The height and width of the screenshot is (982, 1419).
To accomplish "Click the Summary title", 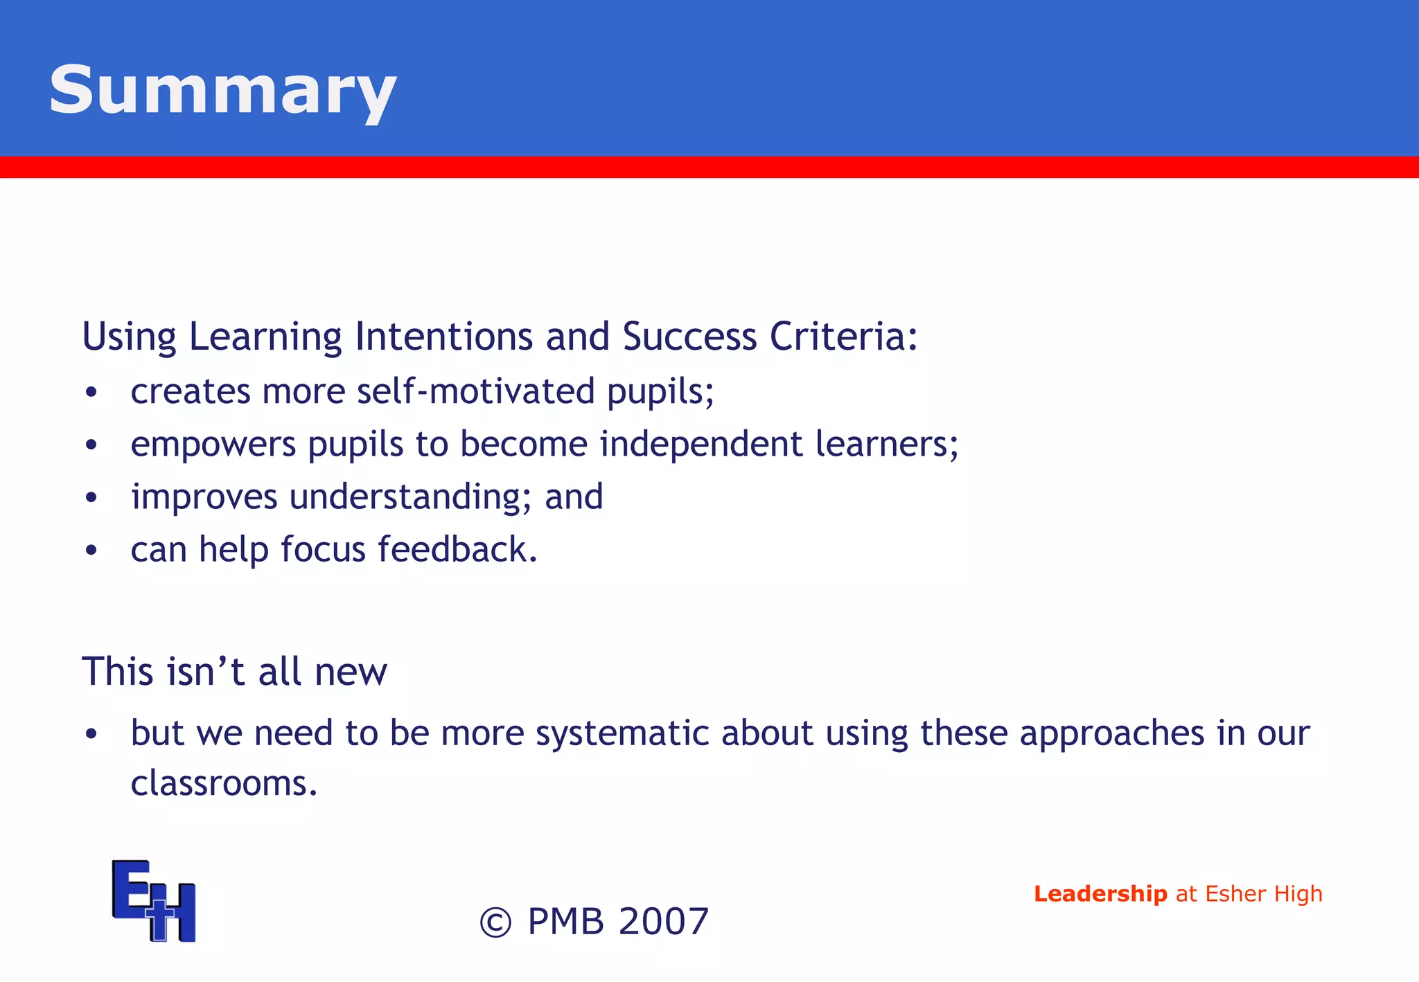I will coord(222,90).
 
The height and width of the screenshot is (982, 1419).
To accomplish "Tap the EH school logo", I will coord(154,900).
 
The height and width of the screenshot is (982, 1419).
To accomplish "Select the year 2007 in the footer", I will coord(663,922).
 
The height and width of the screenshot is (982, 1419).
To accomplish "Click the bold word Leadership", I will coord(1100,894).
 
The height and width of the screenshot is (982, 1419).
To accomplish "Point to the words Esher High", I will coord(1264,894).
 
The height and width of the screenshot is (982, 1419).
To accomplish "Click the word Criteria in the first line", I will coord(843,337).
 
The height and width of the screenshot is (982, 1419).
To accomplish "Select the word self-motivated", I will coord(475,392).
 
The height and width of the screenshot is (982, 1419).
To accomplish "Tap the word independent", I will coord(700,445).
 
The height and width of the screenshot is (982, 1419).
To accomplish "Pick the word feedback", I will coord(457,550).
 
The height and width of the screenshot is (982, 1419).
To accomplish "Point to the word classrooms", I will coord(223,784).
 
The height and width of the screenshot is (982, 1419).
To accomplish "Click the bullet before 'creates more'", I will coord(91,393).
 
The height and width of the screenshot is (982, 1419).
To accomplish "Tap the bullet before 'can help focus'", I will coord(91,551).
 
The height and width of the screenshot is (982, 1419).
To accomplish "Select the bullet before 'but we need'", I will coord(91,734).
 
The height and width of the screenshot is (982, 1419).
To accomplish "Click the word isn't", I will coord(206,672).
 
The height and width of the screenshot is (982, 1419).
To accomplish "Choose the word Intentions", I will coord(444,337).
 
